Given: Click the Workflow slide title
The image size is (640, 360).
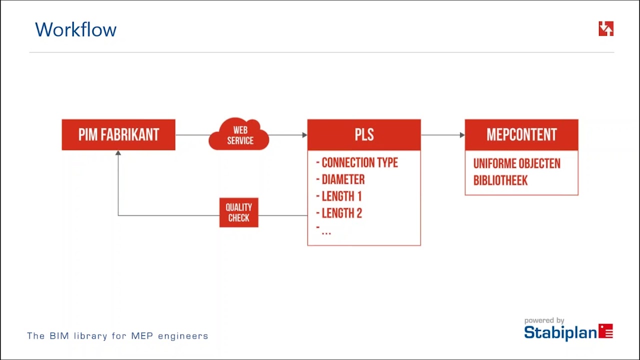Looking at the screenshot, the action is coord(75,29).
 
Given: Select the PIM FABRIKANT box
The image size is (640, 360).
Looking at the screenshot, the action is coord(118,134).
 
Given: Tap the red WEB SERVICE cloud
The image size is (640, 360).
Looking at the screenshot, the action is coord(239,134).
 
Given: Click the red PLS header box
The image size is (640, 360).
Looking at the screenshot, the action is coord(364,134).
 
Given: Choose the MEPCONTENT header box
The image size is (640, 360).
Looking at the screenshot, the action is coord(521,134).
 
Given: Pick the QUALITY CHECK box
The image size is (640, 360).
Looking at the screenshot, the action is coord(239,212).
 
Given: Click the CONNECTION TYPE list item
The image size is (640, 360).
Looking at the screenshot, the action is coord(357,163).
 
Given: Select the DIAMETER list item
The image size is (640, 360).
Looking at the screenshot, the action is coord(340,179).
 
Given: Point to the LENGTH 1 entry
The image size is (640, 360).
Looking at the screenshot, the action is coord(339,196).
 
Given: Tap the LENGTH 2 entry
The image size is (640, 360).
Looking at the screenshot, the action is coord(339,213).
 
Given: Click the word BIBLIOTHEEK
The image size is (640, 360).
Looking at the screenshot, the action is coord(500,180).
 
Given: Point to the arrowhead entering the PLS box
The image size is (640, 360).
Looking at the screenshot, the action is coord(305,135).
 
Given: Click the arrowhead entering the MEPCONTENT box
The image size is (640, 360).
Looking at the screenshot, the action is coord(462,135).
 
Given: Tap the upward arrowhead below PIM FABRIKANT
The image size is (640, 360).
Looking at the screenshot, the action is coord(118,153).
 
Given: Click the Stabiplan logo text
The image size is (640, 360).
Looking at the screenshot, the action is coord(560,332).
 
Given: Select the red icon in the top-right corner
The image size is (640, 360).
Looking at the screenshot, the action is coord(606,28).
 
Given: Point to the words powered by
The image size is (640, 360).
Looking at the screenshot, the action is coord(544,320).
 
